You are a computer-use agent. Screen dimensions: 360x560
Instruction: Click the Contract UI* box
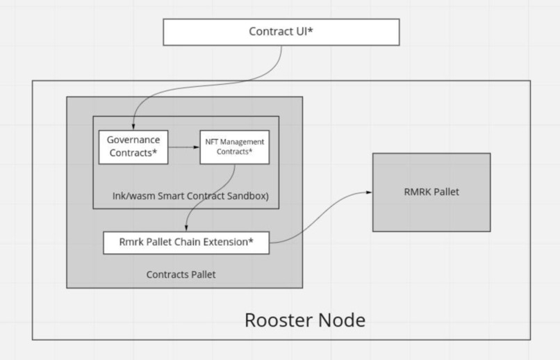[x=281, y=32]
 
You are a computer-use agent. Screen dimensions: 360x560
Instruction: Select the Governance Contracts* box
[x=133, y=147]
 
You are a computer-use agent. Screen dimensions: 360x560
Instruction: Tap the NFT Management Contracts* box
[x=234, y=147]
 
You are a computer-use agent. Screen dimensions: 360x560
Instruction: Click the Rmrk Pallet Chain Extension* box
[x=186, y=243]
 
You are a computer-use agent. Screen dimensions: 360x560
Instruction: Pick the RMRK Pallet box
[x=431, y=192]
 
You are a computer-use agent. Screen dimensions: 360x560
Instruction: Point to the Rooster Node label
[x=304, y=320]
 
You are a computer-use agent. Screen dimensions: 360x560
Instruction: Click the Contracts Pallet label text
[x=181, y=275]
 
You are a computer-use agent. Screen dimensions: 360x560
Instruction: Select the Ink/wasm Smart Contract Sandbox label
[x=190, y=196]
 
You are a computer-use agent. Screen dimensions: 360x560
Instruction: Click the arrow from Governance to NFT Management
[x=183, y=147]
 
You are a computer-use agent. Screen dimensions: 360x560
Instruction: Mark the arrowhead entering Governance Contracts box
[x=133, y=126]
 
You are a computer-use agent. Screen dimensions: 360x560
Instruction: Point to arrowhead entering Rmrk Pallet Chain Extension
[x=186, y=229]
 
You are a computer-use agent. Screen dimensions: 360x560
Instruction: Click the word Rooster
[x=277, y=320]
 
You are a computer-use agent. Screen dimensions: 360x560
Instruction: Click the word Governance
[x=133, y=140]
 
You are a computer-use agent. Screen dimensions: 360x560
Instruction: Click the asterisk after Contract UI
[x=310, y=31]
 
